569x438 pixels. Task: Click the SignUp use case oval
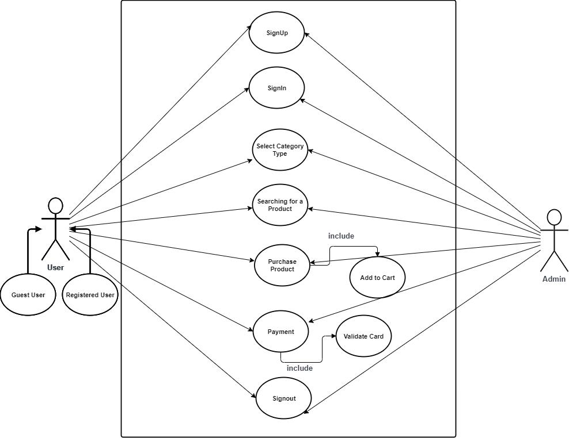(x=276, y=33)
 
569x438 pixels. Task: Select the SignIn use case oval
(x=276, y=89)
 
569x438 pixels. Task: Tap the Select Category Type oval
(x=280, y=150)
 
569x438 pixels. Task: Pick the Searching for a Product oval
(x=280, y=205)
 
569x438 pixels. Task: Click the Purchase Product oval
(x=282, y=266)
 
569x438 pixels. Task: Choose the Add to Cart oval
(x=377, y=278)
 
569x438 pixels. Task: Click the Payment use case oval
(x=281, y=332)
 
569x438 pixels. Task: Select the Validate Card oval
(x=363, y=336)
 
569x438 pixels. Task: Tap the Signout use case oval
(x=284, y=398)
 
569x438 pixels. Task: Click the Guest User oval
(x=28, y=295)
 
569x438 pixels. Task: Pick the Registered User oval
(x=90, y=295)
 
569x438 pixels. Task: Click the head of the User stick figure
(x=55, y=206)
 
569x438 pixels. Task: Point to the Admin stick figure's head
(x=553, y=217)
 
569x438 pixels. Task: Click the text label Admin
(x=553, y=279)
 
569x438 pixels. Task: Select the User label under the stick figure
(x=55, y=267)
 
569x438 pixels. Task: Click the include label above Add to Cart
(x=341, y=236)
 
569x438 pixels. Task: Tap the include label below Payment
(x=299, y=368)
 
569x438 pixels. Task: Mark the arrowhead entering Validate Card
(x=333, y=337)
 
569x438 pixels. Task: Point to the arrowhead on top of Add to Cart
(x=377, y=255)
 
